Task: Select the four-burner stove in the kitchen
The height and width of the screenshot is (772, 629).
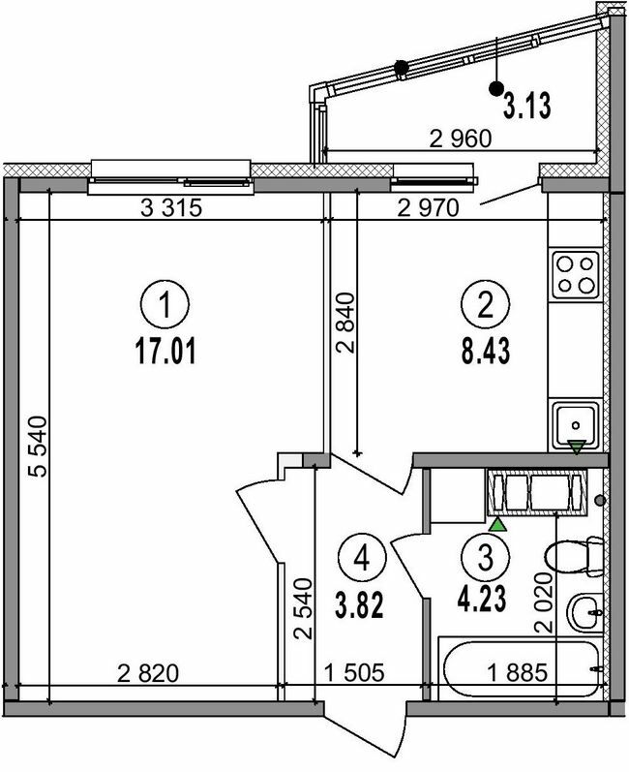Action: (575, 273)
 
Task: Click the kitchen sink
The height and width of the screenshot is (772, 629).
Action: (575, 422)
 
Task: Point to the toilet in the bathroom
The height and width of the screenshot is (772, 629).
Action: (573, 559)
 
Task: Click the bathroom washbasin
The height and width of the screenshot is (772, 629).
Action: (584, 610)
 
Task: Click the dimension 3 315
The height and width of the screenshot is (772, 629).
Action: (170, 207)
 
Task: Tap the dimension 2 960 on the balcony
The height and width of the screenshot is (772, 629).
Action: (461, 138)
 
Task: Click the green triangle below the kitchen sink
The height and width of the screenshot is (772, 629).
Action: (577, 447)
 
